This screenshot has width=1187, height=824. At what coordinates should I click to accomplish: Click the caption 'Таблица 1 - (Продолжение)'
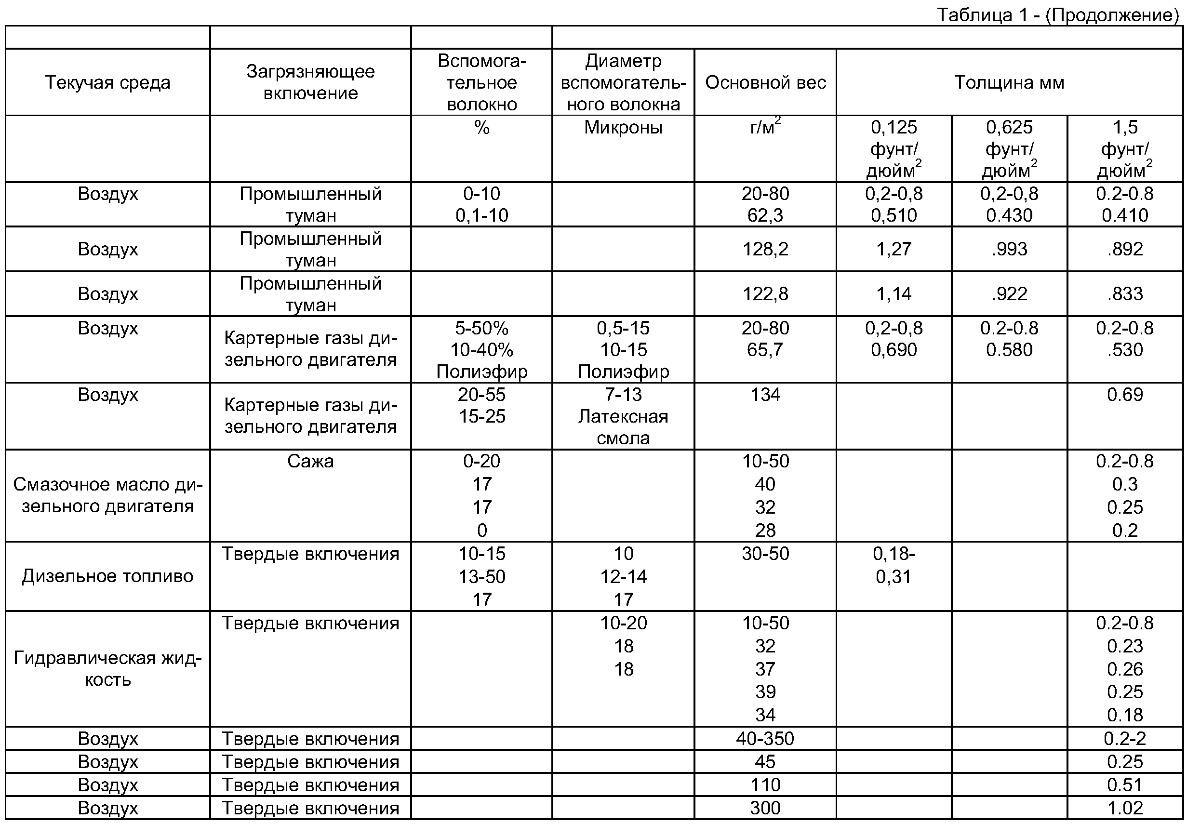tap(1057, 14)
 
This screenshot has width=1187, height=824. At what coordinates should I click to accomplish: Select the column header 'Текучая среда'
tap(107, 82)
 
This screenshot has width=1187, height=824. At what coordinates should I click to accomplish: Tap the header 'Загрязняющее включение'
tap(310, 82)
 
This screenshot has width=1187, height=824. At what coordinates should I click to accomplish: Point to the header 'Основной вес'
tap(765, 82)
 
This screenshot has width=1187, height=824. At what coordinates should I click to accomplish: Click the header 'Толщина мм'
tap(1009, 82)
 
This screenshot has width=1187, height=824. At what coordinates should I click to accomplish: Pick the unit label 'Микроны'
tap(623, 127)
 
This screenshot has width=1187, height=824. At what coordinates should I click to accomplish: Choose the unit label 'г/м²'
tap(765, 127)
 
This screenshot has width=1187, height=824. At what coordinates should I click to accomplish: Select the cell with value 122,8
tap(765, 294)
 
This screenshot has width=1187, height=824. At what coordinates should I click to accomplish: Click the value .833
tap(1124, 294)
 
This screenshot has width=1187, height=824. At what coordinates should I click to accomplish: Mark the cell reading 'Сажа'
tap(310, 461)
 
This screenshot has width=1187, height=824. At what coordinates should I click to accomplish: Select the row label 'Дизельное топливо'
tap(107, 576)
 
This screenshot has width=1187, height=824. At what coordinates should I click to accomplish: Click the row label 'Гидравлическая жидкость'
tap(107, 669)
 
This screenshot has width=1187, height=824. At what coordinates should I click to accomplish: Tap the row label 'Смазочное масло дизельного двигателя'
tap(107, 495)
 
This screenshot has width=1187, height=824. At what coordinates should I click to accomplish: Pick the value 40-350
tap(765, 739)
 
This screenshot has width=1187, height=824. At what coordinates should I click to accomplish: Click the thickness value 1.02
tap(1124, 808)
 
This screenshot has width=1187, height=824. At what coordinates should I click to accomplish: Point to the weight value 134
tap(765, 395)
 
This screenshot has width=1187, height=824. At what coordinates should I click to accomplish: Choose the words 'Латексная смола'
tap(623, 427)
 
